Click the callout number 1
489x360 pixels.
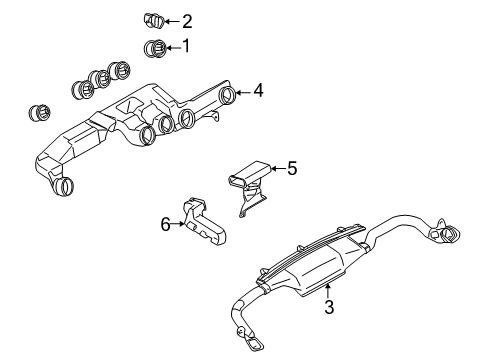click(x=184, y=46)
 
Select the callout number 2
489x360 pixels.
click(x=186, y=20)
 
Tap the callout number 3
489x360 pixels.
click(x=327, y=307)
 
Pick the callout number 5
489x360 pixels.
click(x=291, y=168)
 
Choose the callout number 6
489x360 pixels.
click(x=166, y=225)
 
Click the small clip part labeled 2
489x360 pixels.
click(x=154, y=19)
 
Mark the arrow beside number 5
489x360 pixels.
click(x=277, y=169)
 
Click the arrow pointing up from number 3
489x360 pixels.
click(x=327, y=291)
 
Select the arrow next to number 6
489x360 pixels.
click(x=180, y=225)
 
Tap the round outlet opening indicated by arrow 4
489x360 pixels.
click(x=228, y=96)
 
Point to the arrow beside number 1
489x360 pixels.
click(x=171, y=46)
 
